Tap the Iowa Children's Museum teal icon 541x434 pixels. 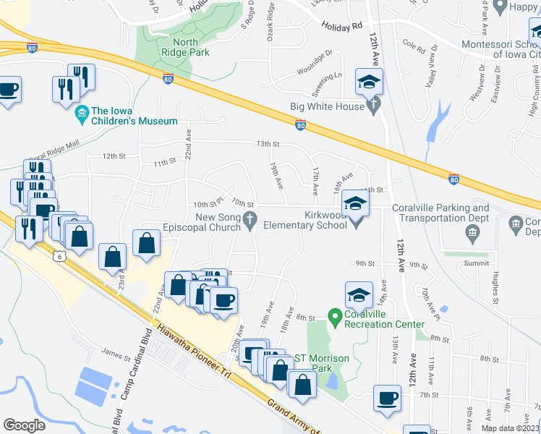pyautogui.click(x=82, y=114)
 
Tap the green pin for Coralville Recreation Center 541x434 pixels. pyautogui.click(x=334, y=316)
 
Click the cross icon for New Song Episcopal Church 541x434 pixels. pyautogui.click(x=250, y=218)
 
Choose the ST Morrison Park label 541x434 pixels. pyautogui.click(x=323, y=363)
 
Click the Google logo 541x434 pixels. pyautogui.click(x=24, y=425)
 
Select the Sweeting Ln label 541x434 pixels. pyautogui.click(x=327, y=85)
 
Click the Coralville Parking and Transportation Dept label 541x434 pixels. pyautogui.click(x=440, y=213)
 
